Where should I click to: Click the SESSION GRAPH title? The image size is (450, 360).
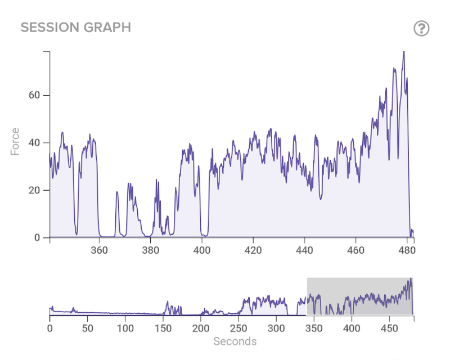pos(76,28)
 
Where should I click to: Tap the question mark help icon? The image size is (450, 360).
pos(421,28)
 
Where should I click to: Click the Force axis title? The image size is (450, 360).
pos(15,142)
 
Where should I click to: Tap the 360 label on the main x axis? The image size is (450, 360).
pos(100,251)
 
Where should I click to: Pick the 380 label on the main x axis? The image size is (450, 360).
pos(151,251)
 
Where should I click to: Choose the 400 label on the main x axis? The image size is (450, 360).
pos(202,251)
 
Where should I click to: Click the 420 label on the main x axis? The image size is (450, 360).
pos(253,251)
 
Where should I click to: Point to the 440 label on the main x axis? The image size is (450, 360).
pos(304,251)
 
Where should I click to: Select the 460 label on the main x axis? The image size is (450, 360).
pos(355,251)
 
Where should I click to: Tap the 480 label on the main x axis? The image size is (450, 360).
pos(407,251)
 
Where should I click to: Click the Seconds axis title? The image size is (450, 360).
pos(235,341)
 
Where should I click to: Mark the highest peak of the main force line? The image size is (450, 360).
pos(403,52)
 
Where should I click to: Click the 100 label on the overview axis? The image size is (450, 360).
pos(125,327)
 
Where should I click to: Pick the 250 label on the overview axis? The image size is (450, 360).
pos(238,327)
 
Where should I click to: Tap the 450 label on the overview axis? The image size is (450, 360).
pos(389,327)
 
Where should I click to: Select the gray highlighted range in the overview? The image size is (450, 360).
pos(359,296)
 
